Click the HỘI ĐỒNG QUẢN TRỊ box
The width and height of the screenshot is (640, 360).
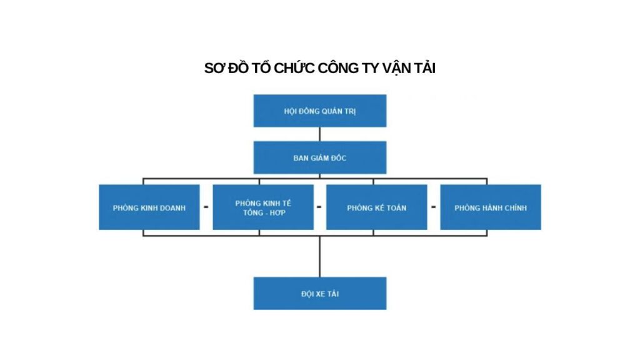[x=319, y=111]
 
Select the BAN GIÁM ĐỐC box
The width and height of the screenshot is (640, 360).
[x=319, y=157]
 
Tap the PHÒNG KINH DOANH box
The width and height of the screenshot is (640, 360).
[x=149, y=207]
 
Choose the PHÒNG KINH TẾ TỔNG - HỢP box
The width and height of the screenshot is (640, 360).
[x=263, y=207]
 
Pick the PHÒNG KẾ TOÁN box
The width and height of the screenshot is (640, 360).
[x=376, y=207]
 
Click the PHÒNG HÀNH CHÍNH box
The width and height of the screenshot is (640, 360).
[x=490, y=207]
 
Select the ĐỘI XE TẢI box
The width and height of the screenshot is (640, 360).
[x=319, y=293]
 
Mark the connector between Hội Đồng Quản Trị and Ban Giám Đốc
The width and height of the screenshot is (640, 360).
[x=319, y=134]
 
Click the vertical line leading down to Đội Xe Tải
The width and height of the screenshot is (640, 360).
[x=319, y=256]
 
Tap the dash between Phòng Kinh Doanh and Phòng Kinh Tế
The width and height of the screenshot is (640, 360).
[x=206, y=207]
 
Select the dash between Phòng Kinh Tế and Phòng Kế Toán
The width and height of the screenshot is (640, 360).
[x=319, y=207]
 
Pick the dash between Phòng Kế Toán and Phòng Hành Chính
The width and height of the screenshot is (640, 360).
[x=433, y=207]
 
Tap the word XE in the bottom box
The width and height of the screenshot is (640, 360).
[x=319, y=294]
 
